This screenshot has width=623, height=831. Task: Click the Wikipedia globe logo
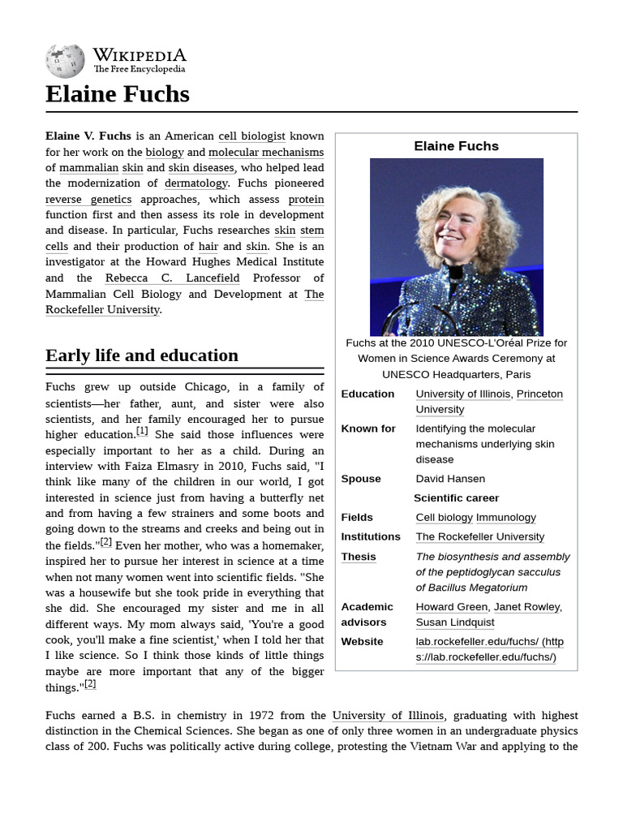[x=65, y=61]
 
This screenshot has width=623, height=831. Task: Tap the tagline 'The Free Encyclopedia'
[x=139, y=70]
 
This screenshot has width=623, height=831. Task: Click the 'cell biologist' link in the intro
[x=251, y=136]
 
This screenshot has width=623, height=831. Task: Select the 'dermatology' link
[x=196, y=183]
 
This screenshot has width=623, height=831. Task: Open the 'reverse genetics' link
[x=88, y=199]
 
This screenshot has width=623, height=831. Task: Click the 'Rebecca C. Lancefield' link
[x=173, y=278]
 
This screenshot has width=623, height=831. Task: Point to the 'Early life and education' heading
[x=142, y=355]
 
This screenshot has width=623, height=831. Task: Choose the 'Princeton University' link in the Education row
[x=539, y=394]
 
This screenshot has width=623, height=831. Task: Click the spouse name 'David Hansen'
[x=450, y=479]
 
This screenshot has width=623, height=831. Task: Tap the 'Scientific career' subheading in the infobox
[x=456, y=498]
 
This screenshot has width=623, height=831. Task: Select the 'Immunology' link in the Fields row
[x=505, y=518]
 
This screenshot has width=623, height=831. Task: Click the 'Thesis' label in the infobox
[x=358, y=557]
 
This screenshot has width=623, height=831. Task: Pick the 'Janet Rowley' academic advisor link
[x=527, y=607]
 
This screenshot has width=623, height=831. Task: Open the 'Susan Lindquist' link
[x=454, y=622]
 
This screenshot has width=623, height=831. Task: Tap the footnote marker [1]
[x=142, y=432]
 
